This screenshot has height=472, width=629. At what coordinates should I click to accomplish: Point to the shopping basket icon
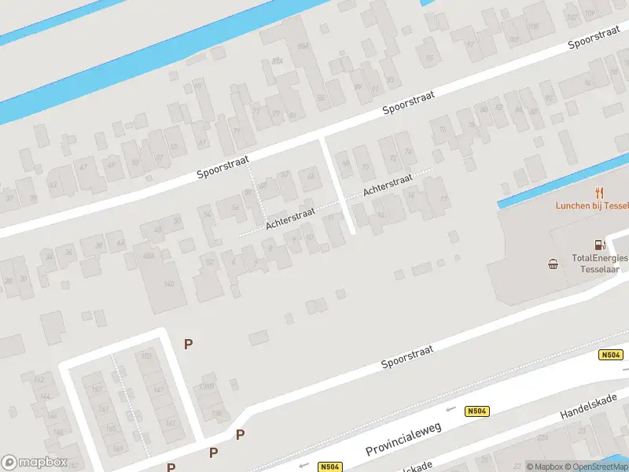554,264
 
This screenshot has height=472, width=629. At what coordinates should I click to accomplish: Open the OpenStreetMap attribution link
601,466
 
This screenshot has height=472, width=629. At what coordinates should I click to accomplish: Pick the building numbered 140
168,283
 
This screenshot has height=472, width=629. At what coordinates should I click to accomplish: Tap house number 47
84,166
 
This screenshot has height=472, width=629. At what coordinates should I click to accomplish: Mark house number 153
145,356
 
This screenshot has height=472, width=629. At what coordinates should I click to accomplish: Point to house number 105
535,26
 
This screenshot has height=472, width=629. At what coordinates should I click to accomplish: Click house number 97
471,45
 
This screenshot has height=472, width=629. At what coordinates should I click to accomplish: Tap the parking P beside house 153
188,344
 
